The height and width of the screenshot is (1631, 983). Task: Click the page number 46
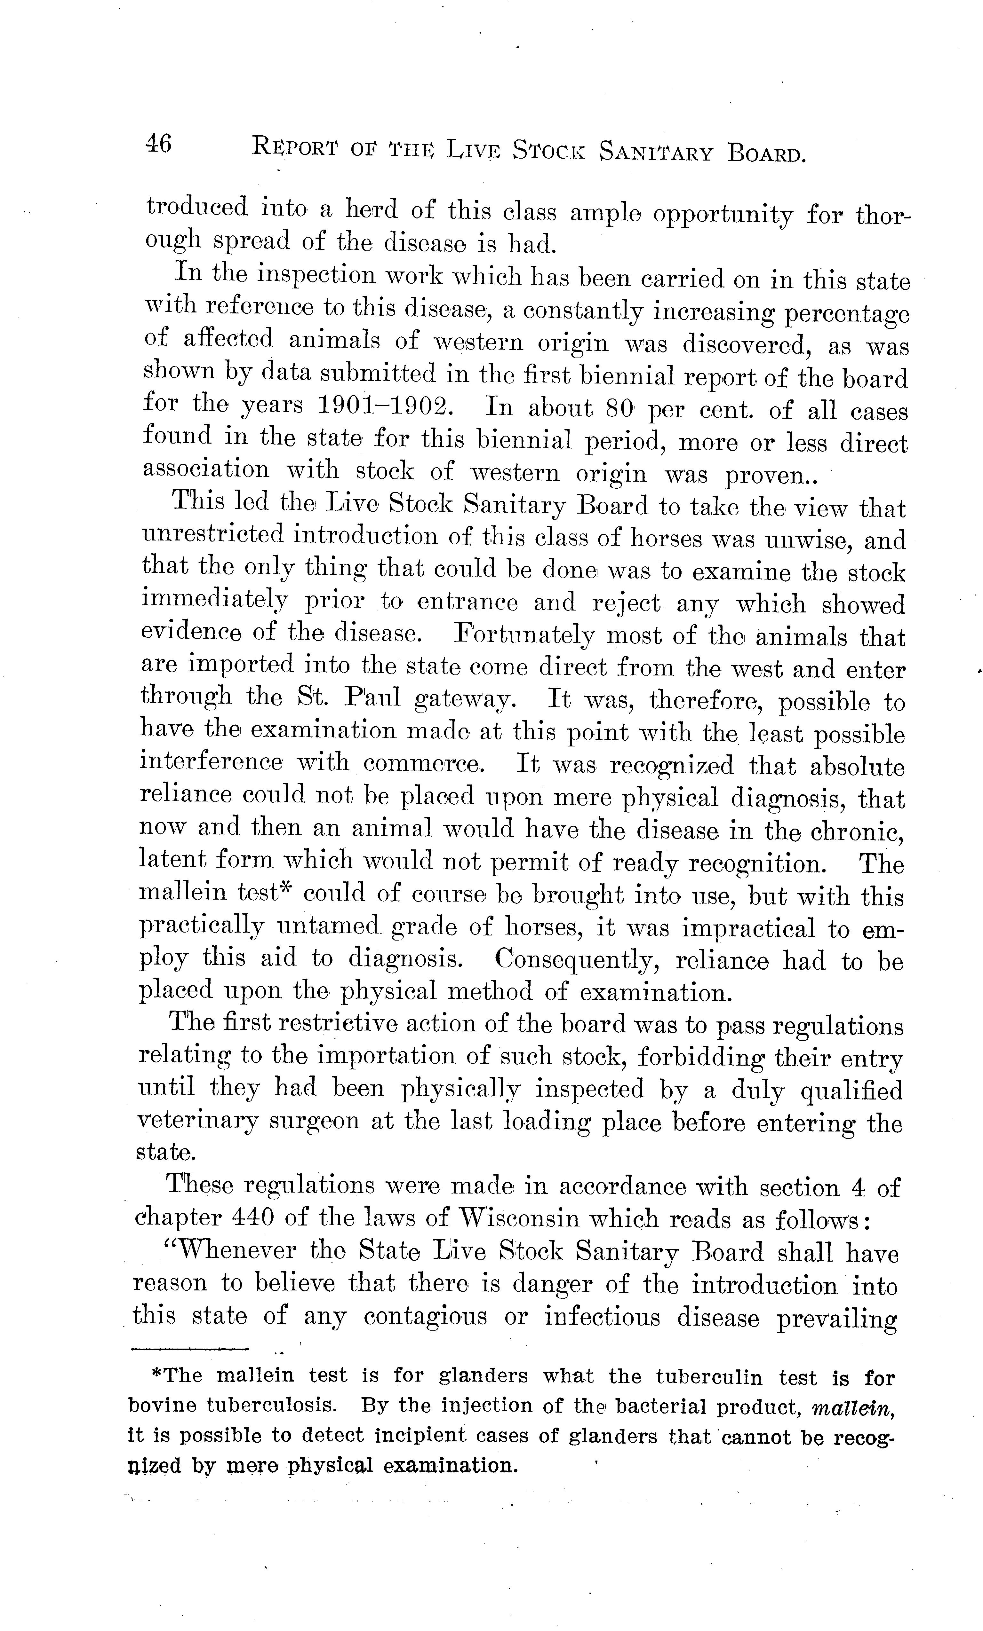[x=159, y=144]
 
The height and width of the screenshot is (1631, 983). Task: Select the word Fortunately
[x=522, y=636]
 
